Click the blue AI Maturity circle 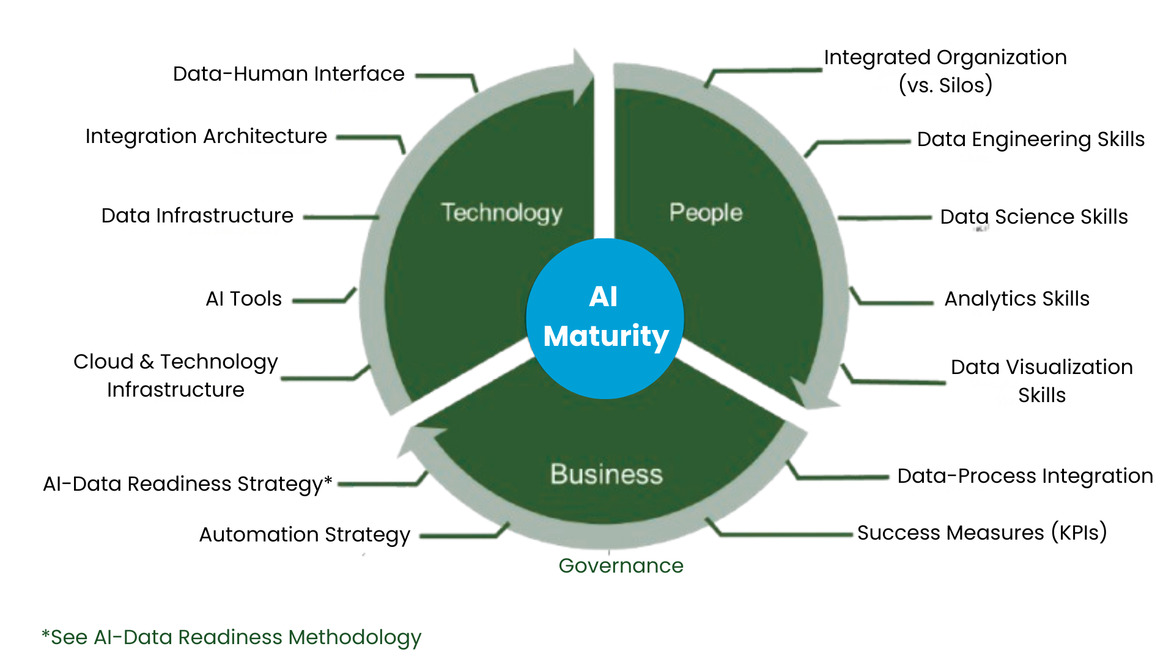pos(605,318)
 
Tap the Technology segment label pos(501,213)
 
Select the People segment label pos(706,213)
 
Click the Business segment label pos(606,474)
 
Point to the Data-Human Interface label pos(289,74)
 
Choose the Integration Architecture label pos(206,136)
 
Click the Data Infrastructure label pos(197,216)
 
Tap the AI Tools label pos(243,299)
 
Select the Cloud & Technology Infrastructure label pos(175,375)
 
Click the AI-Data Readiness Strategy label pos(187,484)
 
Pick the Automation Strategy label pos(305,535)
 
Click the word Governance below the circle pos(621,566)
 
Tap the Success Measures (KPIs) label pos(982,533)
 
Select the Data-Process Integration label pos(1025,476)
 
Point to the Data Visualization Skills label pos(1041,381)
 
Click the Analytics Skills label pos(1017,299)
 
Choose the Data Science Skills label pos(1033,217)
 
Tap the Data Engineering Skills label pos(1030,139)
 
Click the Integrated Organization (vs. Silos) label pos(945,71)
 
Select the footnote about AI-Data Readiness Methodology pos(231,637)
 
